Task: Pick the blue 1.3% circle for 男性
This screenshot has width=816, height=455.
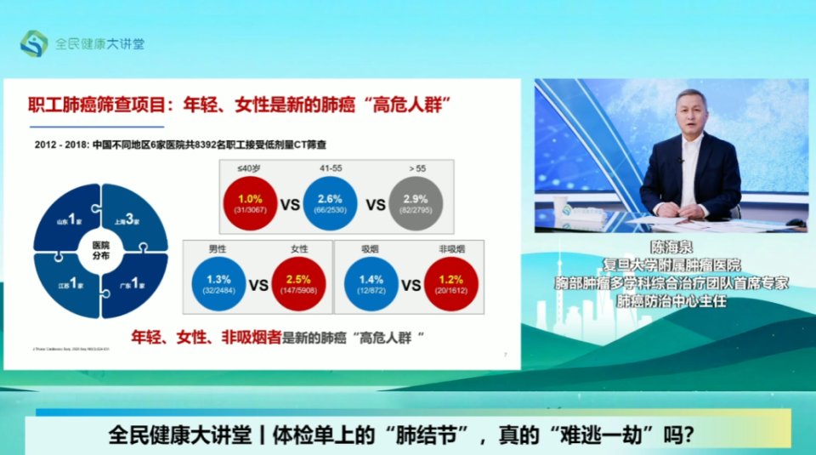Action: point(218,285)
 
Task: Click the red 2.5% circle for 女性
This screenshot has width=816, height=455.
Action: point(298,285)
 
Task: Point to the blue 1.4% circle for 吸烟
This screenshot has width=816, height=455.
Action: point(371,285)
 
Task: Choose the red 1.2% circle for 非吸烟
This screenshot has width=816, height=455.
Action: point(450,285)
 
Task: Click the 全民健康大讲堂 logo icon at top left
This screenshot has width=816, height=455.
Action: point(33,43)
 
